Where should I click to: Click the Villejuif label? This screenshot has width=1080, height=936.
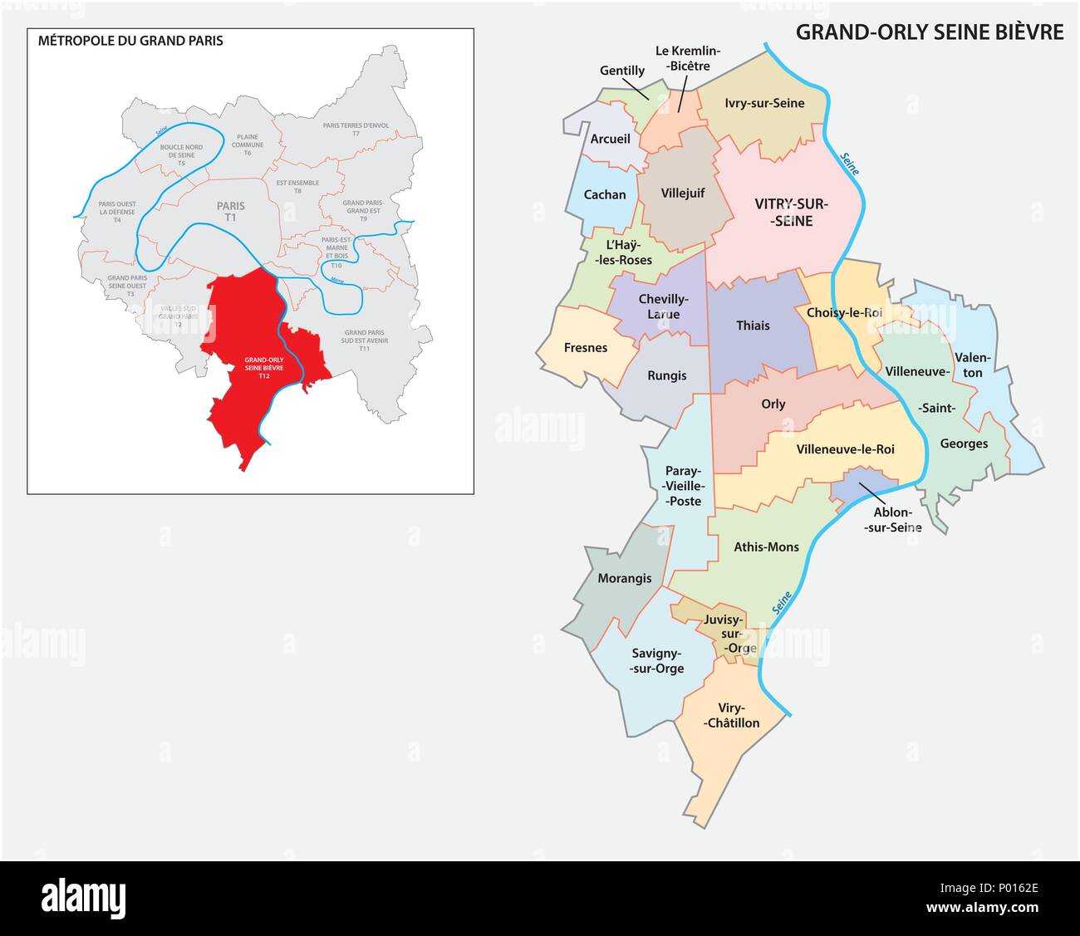[682, 193]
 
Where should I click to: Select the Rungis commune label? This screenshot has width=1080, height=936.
[666, 375]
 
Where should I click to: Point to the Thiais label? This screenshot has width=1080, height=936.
[753, 326]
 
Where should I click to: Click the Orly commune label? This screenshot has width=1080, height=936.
[773, 404]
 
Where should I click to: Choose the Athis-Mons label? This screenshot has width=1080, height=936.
[766, 546]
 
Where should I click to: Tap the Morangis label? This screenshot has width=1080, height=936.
[624, 578]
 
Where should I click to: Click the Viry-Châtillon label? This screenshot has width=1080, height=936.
[732, 715]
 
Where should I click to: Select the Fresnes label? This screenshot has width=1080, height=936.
[585, 347]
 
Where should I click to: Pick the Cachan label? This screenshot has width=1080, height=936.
[605, 194]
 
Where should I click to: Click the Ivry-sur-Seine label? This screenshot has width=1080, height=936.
[763, 103]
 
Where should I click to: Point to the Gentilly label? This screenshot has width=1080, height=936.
[621, 71]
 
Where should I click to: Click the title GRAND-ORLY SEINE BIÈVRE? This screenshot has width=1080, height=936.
[929, 32]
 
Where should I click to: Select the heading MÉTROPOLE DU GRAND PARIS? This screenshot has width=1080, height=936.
[130, 40]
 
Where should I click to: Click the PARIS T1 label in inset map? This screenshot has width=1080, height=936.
[230, 211]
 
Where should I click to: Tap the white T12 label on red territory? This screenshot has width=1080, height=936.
[263, 376]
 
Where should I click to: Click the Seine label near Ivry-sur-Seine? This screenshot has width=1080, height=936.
[849, 164]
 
